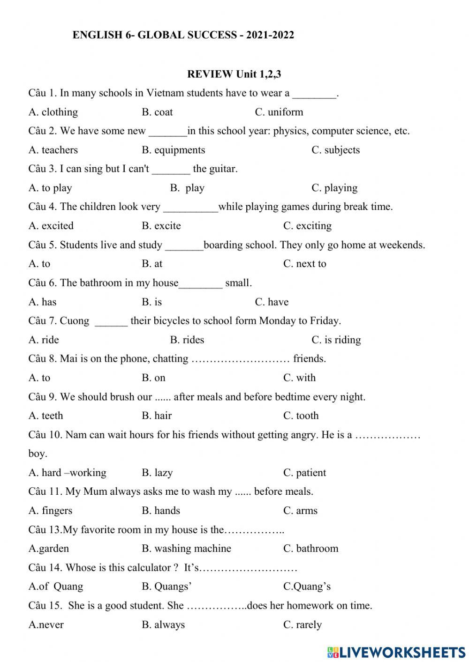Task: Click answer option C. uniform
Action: (279, 112)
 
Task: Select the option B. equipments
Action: (173, 150)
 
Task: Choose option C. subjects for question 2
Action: (335, 150)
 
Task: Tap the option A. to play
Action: (50, 188)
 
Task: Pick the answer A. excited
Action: (51, 226)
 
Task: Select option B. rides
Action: (187, 340)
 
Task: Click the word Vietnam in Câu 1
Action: (166, 93)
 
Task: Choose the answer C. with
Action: (299, 378)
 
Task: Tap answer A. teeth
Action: (45, 416)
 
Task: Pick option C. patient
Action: (304, 473)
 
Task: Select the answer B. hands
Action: (161, 511)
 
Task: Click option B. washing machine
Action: (186, 549)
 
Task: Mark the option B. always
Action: (163, 625)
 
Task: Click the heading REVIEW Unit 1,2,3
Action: (234, 74)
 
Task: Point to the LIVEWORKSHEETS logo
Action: (396, 652)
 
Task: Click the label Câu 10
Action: (45, 435)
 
